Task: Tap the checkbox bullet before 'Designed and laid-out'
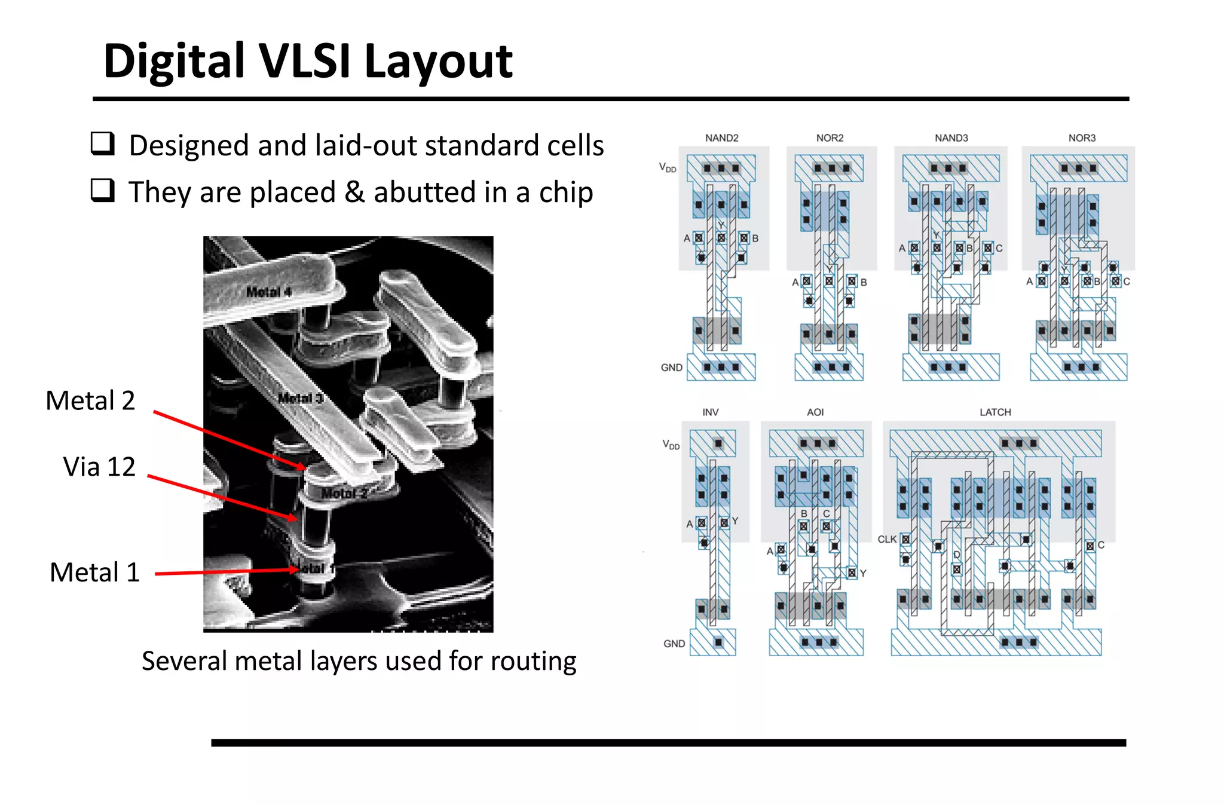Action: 102,144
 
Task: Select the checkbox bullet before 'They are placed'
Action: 102,191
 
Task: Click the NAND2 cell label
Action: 721,138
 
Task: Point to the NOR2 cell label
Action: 830,138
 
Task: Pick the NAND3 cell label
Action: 951,138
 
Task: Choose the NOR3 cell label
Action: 1082,138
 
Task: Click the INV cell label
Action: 710,412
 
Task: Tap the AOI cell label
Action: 815,412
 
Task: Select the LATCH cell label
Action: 995,412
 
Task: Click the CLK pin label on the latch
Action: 887,539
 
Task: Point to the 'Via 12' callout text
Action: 99,467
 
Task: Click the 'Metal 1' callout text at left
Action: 94,573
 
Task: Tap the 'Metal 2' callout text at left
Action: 90,400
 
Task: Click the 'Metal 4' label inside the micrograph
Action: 269,292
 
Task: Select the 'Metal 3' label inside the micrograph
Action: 301,398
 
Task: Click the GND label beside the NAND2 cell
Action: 671,368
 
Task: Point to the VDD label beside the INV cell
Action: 671,445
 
